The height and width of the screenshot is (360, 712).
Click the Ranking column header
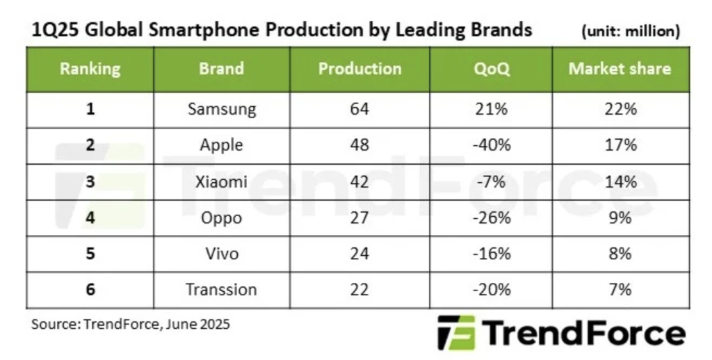[90, 69]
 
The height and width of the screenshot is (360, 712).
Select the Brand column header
[221, 69]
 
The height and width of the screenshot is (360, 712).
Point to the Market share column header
[620, 69]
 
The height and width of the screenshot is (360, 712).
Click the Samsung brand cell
[222, 109]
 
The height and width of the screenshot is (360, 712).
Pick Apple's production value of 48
[359, 145]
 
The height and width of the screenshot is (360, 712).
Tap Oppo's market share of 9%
[620, 218]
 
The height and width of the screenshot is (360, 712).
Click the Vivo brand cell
[222, 254]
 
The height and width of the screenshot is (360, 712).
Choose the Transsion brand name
[222, 290]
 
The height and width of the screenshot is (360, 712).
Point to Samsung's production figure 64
[359, 109]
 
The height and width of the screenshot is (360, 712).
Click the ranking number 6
[90, 290]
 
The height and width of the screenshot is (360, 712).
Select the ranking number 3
[90, 181]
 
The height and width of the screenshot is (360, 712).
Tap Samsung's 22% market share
[620, 109]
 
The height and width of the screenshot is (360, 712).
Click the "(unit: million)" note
[629, 31]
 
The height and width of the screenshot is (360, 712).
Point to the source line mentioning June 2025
[130, 324]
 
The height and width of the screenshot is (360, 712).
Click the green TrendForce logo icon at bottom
[456, 333]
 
